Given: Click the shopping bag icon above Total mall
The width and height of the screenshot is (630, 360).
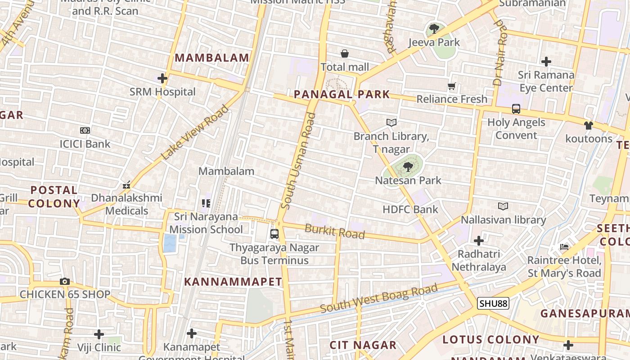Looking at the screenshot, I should [345, 54].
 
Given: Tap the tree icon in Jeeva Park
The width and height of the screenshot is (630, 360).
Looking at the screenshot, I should [434, 29].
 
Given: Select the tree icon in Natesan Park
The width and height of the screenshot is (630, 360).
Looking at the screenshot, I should [408, 167].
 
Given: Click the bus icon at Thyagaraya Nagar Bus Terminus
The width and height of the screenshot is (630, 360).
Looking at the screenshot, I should [274, 234].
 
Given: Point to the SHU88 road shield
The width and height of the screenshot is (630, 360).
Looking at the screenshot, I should [493, 304].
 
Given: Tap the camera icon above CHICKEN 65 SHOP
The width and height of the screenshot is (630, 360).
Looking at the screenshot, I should [65, 282].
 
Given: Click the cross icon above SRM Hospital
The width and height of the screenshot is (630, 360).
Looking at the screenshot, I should [162, 79].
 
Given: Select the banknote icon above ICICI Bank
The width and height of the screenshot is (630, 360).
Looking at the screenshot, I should [85, 130].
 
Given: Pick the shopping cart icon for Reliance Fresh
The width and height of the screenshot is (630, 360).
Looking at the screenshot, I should [452, 86].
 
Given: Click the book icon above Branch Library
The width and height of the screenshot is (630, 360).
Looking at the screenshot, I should [391, 122].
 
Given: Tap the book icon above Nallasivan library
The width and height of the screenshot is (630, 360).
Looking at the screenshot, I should [503, 206].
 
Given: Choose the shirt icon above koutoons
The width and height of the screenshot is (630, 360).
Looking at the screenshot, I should [588, 126].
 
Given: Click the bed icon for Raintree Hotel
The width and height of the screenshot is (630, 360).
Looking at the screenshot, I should [564, 247].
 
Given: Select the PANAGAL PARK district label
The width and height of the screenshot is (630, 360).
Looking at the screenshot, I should [342, 94].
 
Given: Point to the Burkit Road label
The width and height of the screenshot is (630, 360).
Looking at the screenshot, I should [334, 231].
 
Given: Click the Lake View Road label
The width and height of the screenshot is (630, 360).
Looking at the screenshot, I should [195, 132].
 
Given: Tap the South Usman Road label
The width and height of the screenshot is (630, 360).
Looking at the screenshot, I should [298, 161].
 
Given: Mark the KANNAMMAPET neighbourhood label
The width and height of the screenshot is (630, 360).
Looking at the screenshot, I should [233, 282].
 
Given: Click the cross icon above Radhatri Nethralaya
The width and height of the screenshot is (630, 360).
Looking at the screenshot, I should [479, 241].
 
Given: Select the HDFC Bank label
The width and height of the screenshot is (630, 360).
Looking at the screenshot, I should [410, 209].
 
